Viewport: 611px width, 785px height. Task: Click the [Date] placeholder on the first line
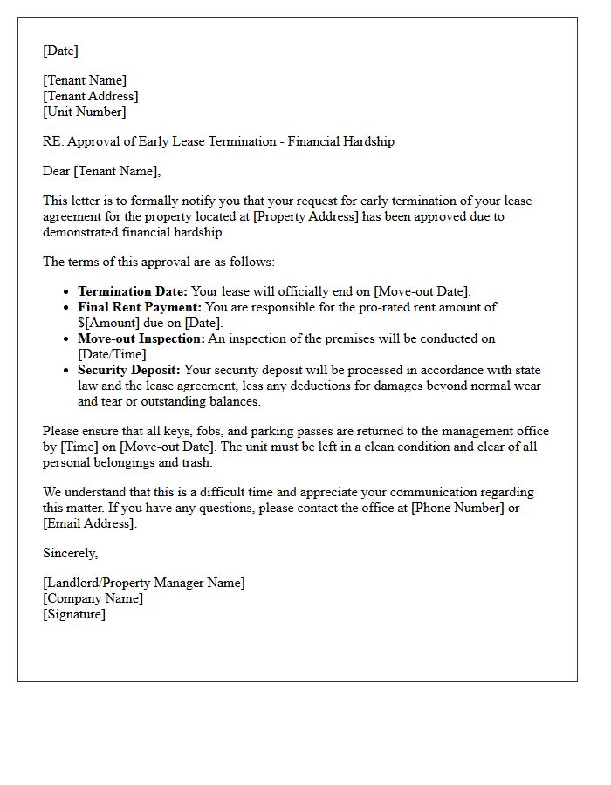point(60,51)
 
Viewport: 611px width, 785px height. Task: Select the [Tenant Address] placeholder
point(91,96)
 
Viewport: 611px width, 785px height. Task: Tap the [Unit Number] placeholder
point(85,112)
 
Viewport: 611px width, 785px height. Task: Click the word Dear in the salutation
point(57,171)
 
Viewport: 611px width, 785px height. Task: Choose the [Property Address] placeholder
point(305,216)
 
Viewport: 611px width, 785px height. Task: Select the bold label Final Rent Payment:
point(140,307)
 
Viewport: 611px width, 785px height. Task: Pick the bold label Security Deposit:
point(129,370)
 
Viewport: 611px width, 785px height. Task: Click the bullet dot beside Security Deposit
point(66,371)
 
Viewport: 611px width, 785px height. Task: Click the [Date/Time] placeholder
point(113,354)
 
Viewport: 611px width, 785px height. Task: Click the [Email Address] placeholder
point(90,523)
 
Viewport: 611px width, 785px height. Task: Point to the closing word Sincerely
point(70,553)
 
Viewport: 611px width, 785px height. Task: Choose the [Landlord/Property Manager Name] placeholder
point(144,583)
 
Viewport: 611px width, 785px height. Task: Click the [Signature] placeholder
point(74,614)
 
